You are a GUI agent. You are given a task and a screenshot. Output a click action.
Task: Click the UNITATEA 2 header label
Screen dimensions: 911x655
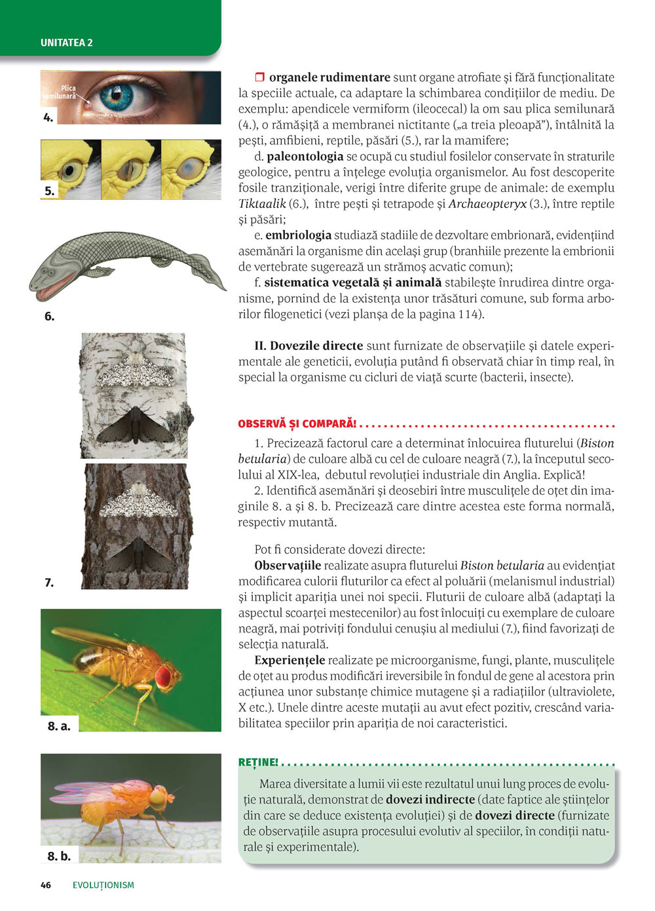[x=67, y=43]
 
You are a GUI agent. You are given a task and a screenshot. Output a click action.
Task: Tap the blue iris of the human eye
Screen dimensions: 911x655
[x=117, y=97]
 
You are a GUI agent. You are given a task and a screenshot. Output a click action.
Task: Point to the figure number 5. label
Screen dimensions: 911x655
[x=50, y=191]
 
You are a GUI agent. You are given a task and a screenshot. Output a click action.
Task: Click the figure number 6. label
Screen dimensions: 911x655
[x=49, y=317]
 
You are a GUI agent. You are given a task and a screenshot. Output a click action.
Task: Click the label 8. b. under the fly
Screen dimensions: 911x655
[x=59, y=855]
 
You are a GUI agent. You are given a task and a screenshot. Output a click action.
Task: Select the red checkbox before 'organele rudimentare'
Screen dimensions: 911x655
[x=259, y=77]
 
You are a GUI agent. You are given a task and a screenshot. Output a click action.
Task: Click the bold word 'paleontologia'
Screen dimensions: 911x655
[x=305, y=157]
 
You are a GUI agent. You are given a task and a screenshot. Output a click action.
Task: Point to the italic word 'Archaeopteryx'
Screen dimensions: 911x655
[x=487, y=204]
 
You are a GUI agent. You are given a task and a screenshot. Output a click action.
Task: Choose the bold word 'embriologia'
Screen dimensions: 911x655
[x=298, y=235]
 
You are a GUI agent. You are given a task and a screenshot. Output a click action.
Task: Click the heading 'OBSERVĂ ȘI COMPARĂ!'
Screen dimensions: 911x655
[x=297, y=424]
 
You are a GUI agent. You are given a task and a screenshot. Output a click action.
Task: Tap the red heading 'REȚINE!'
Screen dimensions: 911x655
[x=258, y=762]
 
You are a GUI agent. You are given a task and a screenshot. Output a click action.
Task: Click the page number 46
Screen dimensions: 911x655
[x=46, y=885]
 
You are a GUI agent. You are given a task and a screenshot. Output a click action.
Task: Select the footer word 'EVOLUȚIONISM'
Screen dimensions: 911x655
[x=103, y=885]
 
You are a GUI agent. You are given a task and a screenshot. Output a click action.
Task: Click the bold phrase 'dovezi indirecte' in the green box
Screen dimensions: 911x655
[x=430, y=800]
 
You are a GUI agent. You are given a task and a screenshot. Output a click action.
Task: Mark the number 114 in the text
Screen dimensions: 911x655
[x=468, y=314]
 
